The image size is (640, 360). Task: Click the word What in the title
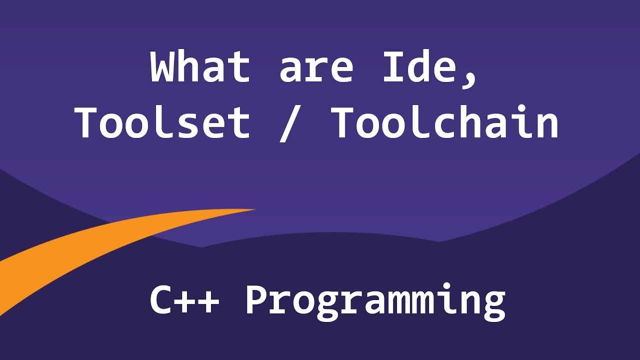pos(199,67)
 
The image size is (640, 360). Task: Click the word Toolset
pos(162,123)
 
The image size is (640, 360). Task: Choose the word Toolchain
pos(445,123)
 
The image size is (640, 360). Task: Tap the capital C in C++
pos(163,300)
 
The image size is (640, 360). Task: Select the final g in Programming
pos(493,305)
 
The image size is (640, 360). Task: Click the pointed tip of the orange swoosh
pos(254,210)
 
